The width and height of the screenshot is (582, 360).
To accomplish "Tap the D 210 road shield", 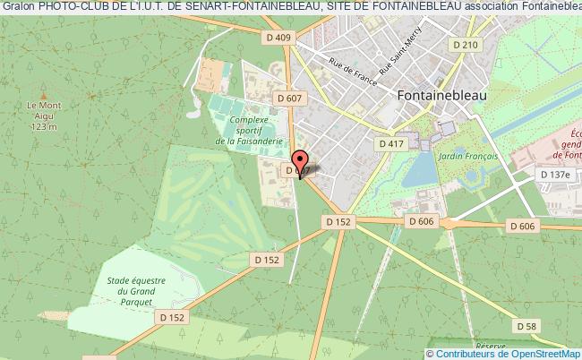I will [x=466, y=44].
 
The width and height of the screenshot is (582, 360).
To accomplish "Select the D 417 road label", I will [x=391, y=143].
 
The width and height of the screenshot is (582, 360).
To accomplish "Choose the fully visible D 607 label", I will [x=289, y=98].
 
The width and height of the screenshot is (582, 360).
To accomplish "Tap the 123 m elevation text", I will [x=43, y=127].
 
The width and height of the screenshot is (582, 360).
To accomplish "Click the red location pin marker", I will [x=300, y=164].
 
